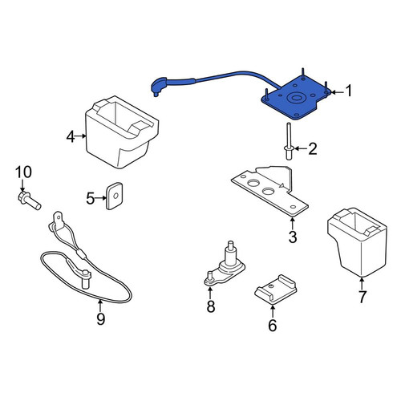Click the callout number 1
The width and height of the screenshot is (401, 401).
coord(348,91)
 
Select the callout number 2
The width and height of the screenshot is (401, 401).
coord(312,148)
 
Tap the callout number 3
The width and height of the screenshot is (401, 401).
coord(293,237)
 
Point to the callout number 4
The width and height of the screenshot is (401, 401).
coord(71,137)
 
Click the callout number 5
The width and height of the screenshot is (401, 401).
coord(90,198)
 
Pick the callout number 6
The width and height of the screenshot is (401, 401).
coord(272,325)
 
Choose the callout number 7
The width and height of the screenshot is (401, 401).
coord(362,296)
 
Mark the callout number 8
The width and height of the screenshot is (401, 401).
coord(211,306)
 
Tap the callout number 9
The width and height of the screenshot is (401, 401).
coord(100,318)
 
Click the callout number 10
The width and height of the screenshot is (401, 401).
coord(23,172)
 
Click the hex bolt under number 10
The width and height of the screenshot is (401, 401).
coord(29,200)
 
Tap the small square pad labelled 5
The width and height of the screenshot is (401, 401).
coord(115,196)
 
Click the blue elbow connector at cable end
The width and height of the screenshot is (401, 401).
coord(158,86)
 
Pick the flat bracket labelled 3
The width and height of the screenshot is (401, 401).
coord(270,191)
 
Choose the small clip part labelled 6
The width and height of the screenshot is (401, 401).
coord(275,290)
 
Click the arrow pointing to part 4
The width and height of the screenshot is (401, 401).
coord(80,136)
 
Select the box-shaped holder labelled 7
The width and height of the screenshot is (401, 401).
coord(357,241)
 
